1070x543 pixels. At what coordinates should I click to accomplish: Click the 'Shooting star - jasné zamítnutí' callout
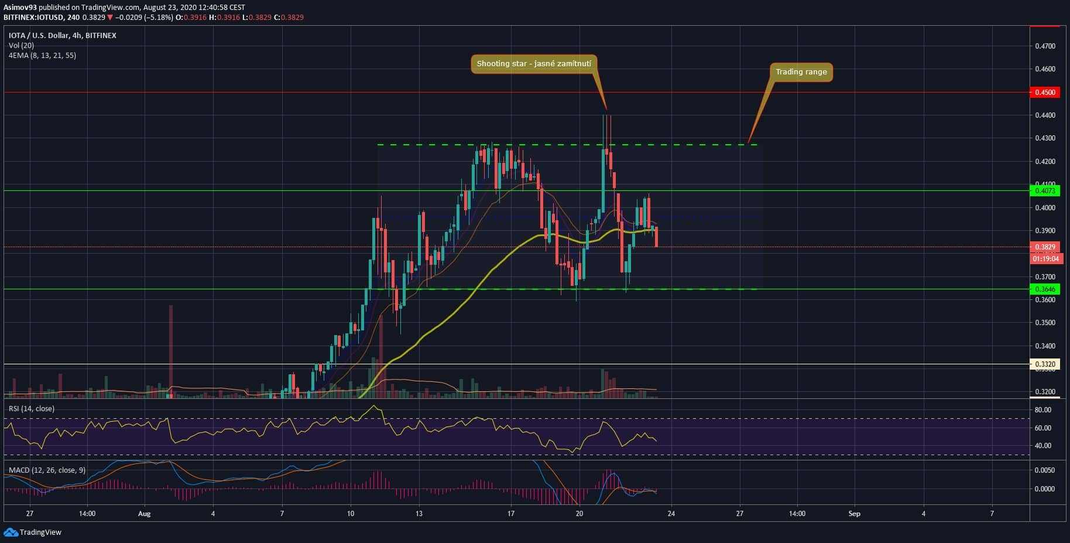[x=534, y=64]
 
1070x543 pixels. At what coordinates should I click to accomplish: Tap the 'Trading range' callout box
[x=801, y=72]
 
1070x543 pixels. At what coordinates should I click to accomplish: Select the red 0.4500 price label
[x=1045, y=93]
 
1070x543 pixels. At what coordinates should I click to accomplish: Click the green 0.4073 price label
[x=1045, y=191]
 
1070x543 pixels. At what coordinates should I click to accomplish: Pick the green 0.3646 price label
[x=1045, y=289]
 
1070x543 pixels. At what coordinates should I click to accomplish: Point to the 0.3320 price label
[x=1045, y=364]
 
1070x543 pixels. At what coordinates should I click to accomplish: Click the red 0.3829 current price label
[x=1045, y=247]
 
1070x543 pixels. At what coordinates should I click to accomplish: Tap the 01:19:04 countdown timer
[x=1045, y=258]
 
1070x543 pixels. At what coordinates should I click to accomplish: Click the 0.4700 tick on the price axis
[x=1045, y=46]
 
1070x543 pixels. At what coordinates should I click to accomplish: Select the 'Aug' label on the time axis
[x=144, y=514]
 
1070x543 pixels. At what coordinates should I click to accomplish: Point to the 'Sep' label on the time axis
[x=854, y=514]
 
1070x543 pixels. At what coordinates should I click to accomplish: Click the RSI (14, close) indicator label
[x=32, y=409]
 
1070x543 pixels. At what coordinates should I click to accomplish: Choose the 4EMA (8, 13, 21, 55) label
[x=42, y=56]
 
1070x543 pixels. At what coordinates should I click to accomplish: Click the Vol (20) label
[x=21, y=46]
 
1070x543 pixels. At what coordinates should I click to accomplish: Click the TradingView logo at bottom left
[x=33, y=532]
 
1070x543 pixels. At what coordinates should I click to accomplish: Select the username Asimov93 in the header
[x=20, y=8]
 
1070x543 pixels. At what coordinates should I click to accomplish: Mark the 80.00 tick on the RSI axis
[x=1043, y=410]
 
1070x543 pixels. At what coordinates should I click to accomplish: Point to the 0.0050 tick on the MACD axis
[x=1045, y=470]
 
